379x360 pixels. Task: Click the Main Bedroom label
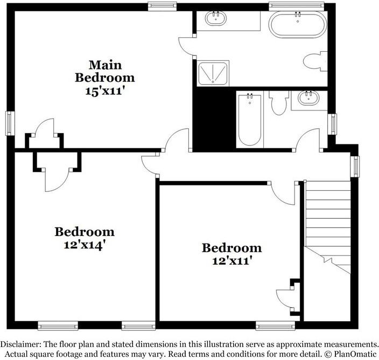coord(104,71)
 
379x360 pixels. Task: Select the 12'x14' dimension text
coord(85,244)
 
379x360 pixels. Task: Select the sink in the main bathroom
coord(215,20)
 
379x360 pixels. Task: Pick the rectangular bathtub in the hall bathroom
coord(249,120)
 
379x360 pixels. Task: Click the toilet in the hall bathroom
coord(278,102)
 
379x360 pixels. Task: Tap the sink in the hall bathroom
coord(309,99)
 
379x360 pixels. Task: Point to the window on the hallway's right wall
coord(355,166)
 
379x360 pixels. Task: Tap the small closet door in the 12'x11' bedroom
coord(284,298)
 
